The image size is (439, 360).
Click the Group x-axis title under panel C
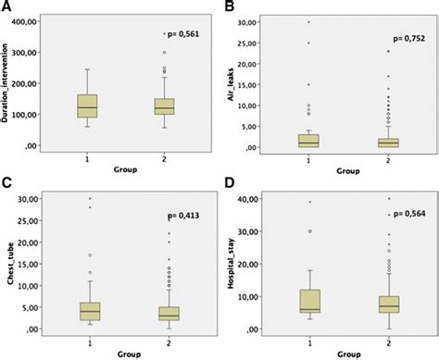tap(127, 353)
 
